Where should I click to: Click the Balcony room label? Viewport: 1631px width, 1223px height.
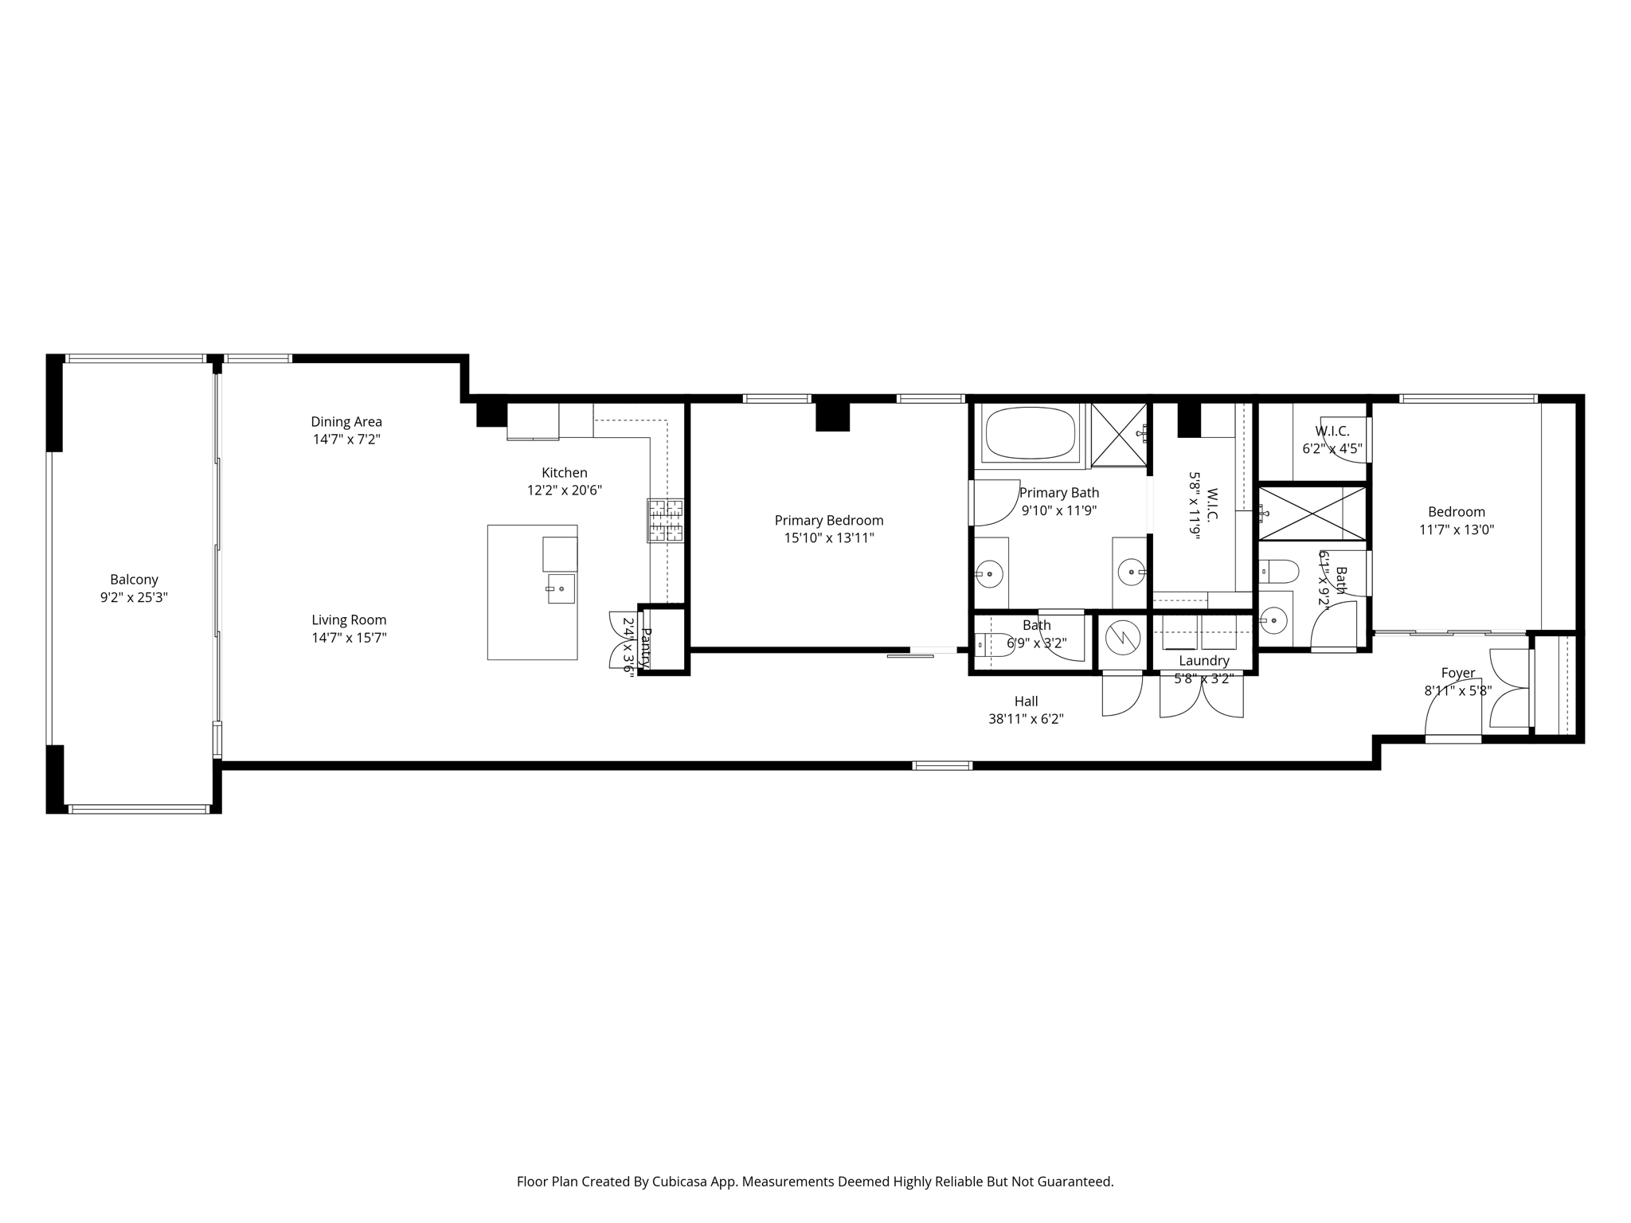point(134,580)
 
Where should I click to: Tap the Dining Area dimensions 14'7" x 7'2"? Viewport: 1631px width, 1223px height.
point(346,440)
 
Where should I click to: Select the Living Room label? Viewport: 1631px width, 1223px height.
point(349,619)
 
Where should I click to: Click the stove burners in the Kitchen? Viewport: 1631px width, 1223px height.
point(665,521)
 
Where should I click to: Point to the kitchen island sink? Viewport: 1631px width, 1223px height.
point(560,588)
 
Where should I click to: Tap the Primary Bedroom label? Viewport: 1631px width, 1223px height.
point(828,520)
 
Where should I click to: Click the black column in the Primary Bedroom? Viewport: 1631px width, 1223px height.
point(832,416)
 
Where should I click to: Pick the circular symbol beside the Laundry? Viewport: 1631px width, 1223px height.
point(1123,637)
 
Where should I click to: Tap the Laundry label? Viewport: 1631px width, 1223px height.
point(1203,661)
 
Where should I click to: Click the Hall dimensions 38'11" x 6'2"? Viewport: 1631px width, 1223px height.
point(1026,719)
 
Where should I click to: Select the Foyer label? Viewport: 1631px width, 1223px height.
point(1457,673)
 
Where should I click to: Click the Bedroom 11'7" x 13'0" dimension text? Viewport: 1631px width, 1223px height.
point(1456,529)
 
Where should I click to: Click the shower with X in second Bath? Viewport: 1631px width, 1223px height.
point(1312,514)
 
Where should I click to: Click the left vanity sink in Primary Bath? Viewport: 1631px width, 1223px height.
point(989,573)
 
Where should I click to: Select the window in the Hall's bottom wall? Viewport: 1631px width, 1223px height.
point(942,766)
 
